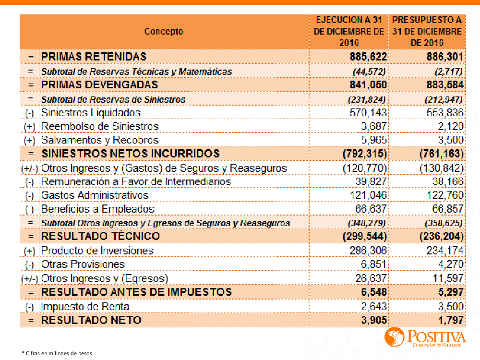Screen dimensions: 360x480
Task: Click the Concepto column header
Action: point(164,32)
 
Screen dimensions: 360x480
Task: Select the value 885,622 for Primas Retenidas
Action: point(368,57)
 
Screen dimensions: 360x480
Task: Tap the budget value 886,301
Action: point(445,57)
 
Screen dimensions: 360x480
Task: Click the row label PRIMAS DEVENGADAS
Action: point(99,84)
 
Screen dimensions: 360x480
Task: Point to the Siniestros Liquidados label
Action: point(91,112)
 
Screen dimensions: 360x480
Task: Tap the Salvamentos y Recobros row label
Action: point(99,140)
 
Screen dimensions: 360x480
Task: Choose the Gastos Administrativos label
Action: point(95,195)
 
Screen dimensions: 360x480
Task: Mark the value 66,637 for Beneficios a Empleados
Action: point(369,209)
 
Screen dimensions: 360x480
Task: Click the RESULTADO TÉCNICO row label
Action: point(100,236)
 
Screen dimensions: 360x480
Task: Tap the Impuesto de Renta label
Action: point(85,306)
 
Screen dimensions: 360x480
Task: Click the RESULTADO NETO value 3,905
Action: point(373,320)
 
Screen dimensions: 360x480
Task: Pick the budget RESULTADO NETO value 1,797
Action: point(450,320)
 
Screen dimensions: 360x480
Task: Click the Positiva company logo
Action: point(424,337)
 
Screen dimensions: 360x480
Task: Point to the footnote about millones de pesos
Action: point(57,353)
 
